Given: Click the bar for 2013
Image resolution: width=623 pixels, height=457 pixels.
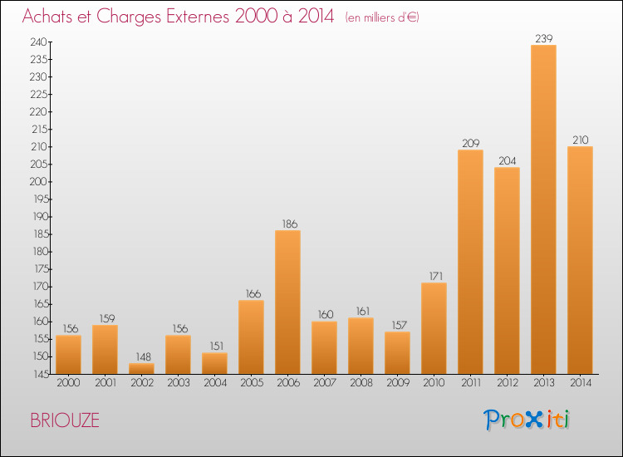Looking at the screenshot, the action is [x=543, y=209].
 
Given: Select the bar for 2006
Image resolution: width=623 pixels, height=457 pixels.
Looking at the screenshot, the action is [x=287, y=302].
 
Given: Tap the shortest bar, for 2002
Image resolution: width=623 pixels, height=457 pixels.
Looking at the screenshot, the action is [x=141, y=368].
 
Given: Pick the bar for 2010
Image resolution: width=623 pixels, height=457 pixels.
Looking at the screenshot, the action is [x=434, y=328].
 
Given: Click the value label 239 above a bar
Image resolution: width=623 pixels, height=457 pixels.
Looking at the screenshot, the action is [x=543, y=38].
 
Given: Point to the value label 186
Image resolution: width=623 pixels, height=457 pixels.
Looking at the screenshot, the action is [x=290, y=224].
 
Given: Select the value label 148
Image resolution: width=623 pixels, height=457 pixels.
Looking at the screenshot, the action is [x=144, y=356].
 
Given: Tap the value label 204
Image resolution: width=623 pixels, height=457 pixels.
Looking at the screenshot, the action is [x=508, y=161].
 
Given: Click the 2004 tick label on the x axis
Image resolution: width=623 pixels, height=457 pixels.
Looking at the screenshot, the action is [x=215, y=383].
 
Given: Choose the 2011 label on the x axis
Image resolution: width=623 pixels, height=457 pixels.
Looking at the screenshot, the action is [x=471, y=383].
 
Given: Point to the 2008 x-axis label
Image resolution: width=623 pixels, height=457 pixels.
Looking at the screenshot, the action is [x=361, y=383].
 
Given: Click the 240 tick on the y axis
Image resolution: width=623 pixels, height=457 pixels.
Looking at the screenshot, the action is [x=38, y=42].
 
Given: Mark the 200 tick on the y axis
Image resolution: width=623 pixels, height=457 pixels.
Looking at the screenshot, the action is [x=38, y=182].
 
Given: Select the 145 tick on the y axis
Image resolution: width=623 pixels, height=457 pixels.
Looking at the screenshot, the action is [x=41, y=374].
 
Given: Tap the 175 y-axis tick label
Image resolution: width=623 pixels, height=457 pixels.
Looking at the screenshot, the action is [x=41, y=269].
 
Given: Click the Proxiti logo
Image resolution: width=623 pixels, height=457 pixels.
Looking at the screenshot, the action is [x=527, y=420].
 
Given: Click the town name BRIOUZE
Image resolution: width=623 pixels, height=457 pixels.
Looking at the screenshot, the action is [x=65, y=420].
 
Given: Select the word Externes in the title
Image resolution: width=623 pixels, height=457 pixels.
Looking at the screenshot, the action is [x=198, y=17].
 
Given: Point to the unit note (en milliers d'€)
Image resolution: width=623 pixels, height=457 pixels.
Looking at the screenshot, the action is [x=382, y=18].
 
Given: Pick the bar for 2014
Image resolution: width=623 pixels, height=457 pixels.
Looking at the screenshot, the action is [x=580, y=260].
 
